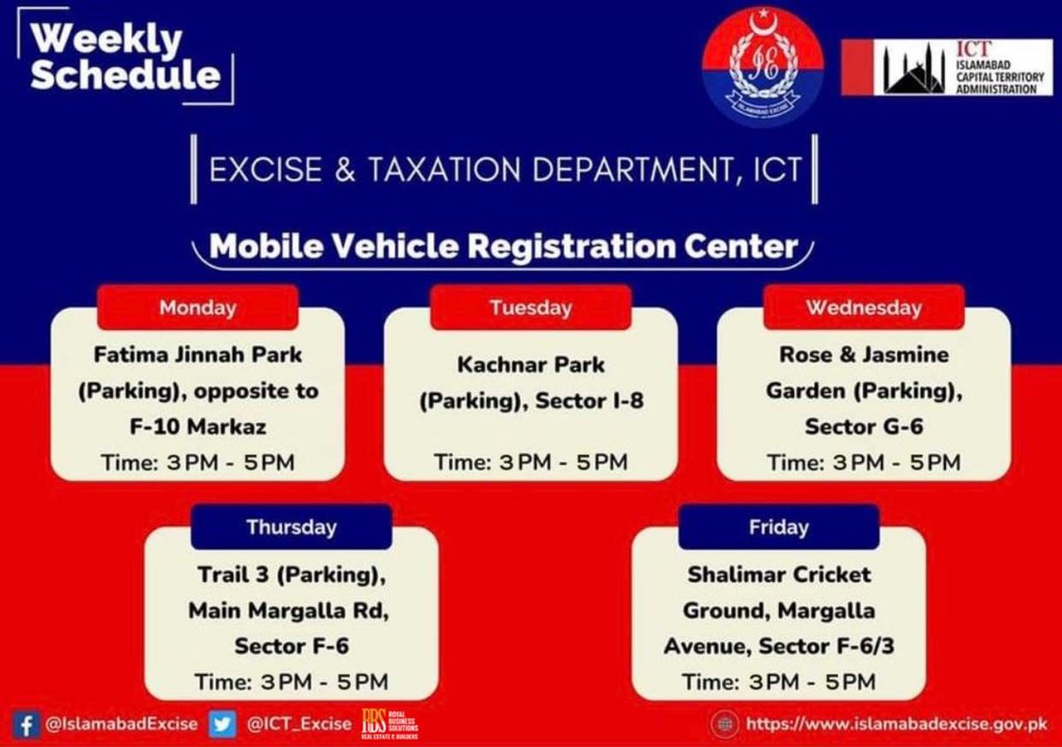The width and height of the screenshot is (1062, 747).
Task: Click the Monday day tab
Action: [x=197, y=308]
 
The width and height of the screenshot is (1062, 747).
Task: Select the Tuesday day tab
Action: [x=530, y=308]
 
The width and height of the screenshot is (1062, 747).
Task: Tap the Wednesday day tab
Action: [x=863, y=308]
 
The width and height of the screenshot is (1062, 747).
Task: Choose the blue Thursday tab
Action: [x=291, y=528]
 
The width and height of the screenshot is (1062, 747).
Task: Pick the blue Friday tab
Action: [x=778, y=528]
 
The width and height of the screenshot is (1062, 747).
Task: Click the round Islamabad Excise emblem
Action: [x=762, y=67]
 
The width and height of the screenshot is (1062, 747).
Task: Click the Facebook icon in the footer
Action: [x=27, y=724]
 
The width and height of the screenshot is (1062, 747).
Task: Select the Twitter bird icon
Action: [x=222, y=724]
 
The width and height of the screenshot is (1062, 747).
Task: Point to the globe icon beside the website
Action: [x=724, y=724]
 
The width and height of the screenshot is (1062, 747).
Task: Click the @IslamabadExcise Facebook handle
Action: [x=121, y=724]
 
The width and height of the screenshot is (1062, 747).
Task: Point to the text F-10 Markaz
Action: [x=197, y=427]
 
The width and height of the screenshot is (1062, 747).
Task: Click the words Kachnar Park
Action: [x=530, y=365]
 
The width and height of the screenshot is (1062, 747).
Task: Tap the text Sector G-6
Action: [x=863, y=427]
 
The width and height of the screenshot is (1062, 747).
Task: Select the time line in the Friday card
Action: [x=778, y=682]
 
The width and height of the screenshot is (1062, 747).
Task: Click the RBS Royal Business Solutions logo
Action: [x=389, y=724]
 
